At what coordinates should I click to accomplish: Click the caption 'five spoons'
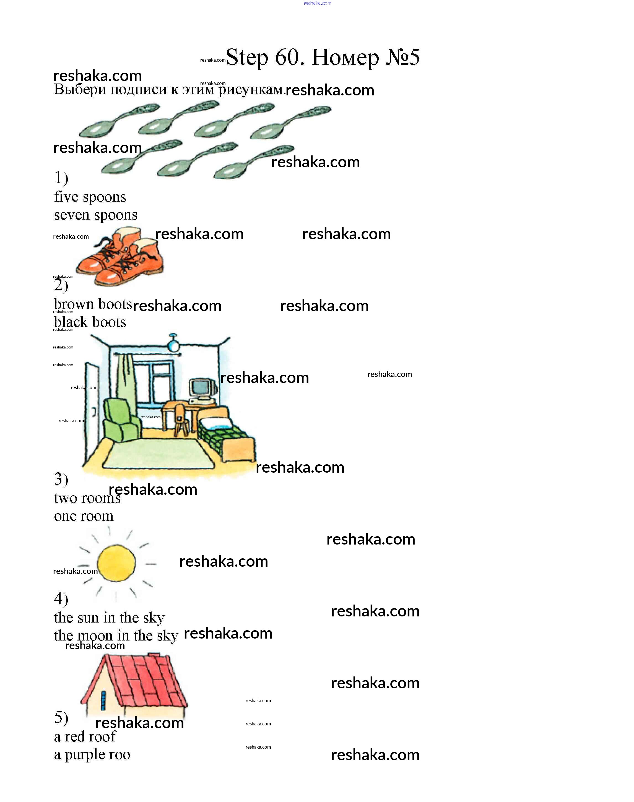[90, 197]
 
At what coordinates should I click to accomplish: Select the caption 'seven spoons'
[95, 215]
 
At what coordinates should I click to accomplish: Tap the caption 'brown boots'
[93, 304]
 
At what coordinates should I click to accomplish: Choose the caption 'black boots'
[90, 322]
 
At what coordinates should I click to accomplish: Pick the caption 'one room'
[84, 516]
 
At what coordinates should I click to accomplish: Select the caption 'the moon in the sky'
[116, 636]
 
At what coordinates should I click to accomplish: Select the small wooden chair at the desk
[181, 419]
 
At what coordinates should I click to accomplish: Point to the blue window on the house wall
[103, 700]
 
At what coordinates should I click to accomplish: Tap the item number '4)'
[61, 599]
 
